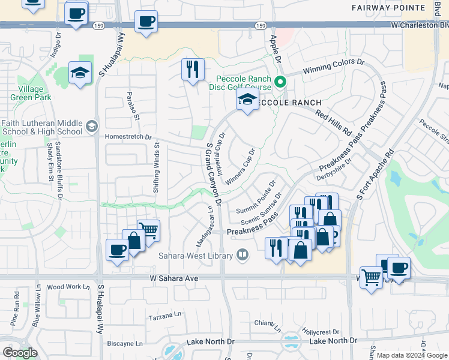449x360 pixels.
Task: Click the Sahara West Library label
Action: tap(196, 256)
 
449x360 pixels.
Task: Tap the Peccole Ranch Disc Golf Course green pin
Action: tap(280, 82)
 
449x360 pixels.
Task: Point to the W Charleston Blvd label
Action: tap(419, 26)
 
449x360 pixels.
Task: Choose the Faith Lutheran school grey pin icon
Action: tap(91, 126)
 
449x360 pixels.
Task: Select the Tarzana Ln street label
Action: tap(165, 314)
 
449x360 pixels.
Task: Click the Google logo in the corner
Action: tap(20, 352)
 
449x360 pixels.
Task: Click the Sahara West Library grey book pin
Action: tap(243, 255)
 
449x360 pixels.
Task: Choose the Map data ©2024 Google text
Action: tap(411, 355)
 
